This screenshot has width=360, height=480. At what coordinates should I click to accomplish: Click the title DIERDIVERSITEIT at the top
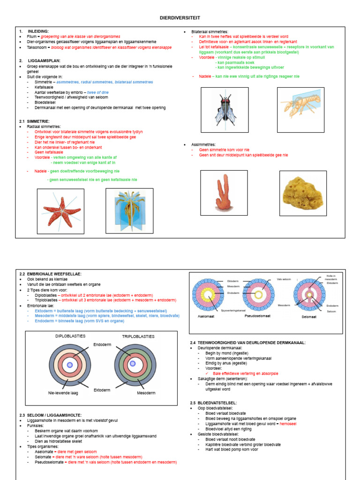tap(180, 17)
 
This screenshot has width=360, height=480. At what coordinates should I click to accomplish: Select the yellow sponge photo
tap(303, 193)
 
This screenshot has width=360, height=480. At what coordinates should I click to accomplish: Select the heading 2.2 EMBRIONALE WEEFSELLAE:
tap(51, 274)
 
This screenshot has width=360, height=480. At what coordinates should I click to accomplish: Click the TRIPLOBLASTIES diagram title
tap(138, 337)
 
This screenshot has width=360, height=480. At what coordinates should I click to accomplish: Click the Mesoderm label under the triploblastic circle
tap(146, 393)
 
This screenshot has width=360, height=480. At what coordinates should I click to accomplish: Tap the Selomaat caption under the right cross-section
tap(309, 317)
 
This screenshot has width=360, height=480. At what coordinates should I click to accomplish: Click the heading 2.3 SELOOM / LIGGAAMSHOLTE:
tap(51, 415)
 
